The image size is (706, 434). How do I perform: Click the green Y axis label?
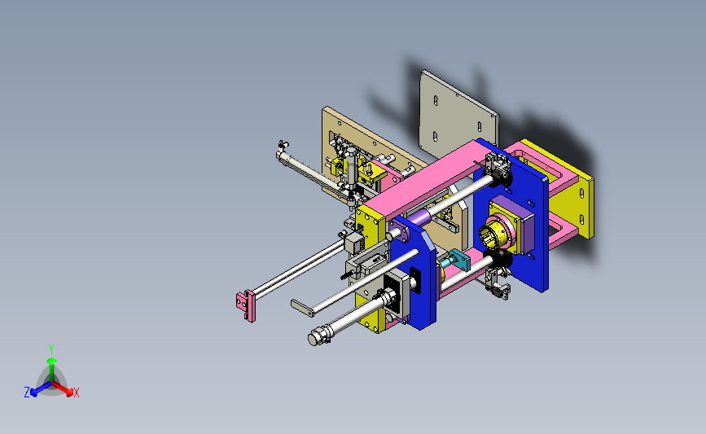pyautogui.click(x=50, y=349)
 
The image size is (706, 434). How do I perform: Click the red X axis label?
pyautogui.click(x=76, y=392)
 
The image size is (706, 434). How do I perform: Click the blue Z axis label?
pyautogui.click(x=27, y=392)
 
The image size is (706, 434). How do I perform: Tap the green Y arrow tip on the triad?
pyautogui.click(x=51, y=361)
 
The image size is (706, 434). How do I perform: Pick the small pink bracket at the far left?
pyautogui.click(x=245, y=305)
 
